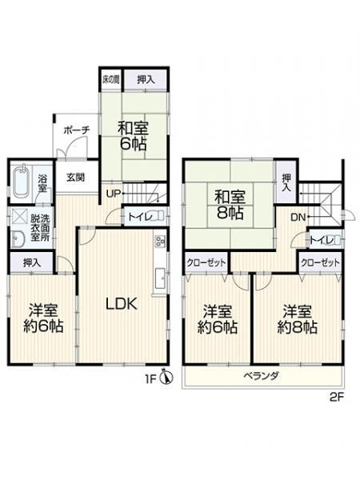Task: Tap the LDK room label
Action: [122, 304]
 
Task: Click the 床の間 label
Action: [110, 80]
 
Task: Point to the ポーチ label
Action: [77, 130]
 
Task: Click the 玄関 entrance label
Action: [76, 178]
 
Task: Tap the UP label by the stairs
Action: [113, 194]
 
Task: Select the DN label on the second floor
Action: [298, 218]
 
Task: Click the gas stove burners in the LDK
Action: [161, 242]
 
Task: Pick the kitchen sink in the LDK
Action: [161, 278]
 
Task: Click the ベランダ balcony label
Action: [261, 376]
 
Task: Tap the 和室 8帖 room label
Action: [230, 205]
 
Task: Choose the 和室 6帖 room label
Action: [133, 136]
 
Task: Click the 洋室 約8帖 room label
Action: [298, 319]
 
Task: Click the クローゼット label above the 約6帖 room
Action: [206, 262]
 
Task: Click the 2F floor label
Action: [337, 397]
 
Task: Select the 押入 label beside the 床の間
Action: [146, 80]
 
